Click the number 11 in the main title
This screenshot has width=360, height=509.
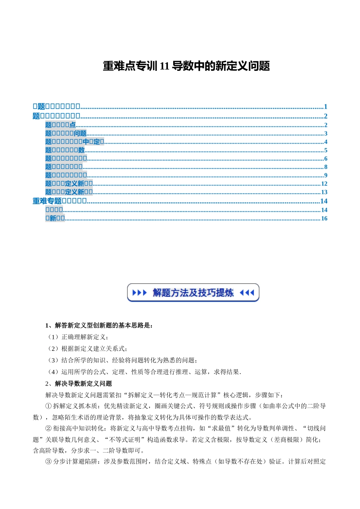[x=164, y=66]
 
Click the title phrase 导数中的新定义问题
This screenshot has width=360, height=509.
[x=221, y=66]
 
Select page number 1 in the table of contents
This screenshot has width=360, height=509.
[x=325, y=107]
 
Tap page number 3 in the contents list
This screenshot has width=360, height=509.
[x=326, y=133]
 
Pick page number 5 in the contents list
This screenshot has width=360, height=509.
[x=326, y=150]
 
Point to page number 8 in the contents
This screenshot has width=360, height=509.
[x=326, y=167]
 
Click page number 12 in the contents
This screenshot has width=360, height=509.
[x=324, y=184]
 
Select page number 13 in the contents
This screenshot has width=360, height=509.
[x=324, y=192]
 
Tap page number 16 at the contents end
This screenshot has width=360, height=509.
[x=324, y=219]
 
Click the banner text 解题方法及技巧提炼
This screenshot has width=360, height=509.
[x=193, y=293]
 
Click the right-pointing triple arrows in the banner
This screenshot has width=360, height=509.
[x=139, y=293]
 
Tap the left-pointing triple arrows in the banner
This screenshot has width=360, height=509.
[x=247, y=293]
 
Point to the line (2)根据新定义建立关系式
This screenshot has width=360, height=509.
[x=87, y=349]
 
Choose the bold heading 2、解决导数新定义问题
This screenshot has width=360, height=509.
[x=78, y=384]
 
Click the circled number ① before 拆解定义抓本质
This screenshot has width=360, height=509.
[x=48, y=406]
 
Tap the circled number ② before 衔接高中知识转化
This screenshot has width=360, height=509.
[x=48, y=428]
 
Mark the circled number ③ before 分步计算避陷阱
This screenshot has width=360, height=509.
[x=48, y=462]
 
